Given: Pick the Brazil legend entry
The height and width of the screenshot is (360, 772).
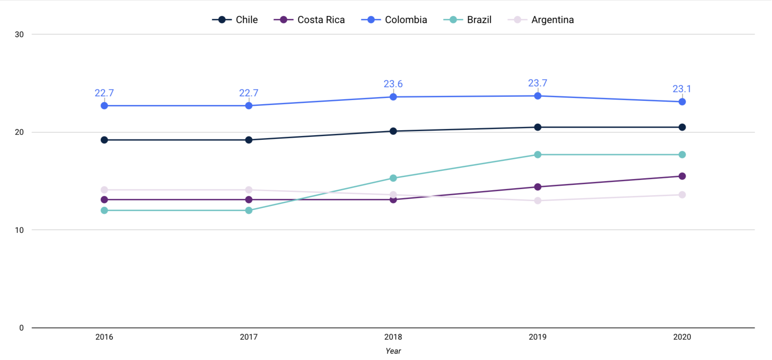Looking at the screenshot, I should (x=468, y=20).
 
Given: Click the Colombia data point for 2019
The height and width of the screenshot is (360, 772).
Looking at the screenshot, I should (x=537, y=96).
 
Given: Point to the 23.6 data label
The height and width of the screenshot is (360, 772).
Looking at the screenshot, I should (x=393, y=84).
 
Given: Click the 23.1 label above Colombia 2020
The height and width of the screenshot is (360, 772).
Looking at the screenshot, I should (x=681, y=89).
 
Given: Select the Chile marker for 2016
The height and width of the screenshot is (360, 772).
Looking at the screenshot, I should (x=104, y=140).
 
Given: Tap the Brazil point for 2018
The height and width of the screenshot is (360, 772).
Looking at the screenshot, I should (x=393, y=178).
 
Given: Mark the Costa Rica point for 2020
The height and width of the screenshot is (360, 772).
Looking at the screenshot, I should (x=682, y=176).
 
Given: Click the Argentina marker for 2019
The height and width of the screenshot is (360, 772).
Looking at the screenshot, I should (x=537, y=201).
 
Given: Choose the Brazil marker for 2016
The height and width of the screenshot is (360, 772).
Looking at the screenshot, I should (x=104, y=211).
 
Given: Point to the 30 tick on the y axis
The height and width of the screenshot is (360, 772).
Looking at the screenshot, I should (x=19, y=34).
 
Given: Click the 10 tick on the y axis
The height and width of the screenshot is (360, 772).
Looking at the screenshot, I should (x=19, y=230).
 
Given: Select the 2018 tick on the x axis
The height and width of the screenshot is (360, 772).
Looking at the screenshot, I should (x=393, y=337).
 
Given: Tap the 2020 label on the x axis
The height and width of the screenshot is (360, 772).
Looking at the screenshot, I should (x=682, y=337).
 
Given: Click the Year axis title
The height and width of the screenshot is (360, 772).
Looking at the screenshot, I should (x=393, y=351).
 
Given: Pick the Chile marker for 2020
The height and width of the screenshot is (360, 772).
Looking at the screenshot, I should (x=682, y=127).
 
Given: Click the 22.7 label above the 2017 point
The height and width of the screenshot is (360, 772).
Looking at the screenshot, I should (x=248, y=93).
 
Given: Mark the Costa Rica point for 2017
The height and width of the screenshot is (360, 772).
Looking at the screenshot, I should (x=249, y=200).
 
